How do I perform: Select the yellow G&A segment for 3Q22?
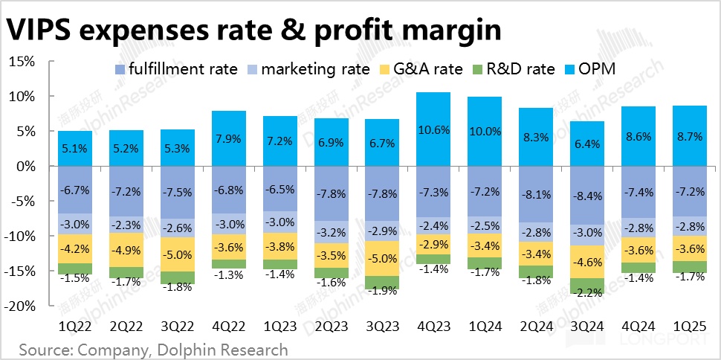point(178,254)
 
